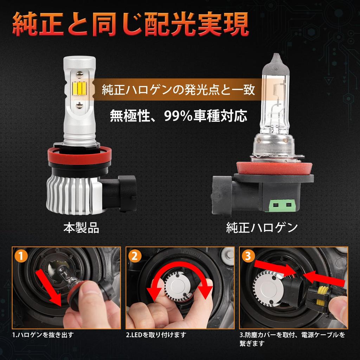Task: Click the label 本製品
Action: click(81, 228)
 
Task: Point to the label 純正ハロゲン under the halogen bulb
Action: click(262, 228)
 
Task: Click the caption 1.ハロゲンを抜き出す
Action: click(43, 335)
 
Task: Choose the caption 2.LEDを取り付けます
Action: click(156, 335)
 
